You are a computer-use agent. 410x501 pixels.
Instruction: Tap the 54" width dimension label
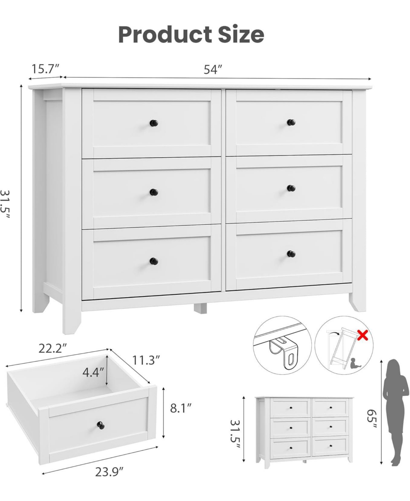213,69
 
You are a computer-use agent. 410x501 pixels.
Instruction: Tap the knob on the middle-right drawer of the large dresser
291,188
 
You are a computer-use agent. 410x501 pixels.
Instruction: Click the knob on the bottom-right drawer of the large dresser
291,254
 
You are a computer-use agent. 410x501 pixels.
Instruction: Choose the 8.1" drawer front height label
181,408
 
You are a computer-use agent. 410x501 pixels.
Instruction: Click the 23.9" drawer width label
109,472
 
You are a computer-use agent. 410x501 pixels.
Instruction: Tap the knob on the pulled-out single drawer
101,425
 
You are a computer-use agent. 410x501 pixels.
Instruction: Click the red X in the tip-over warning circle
363,336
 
